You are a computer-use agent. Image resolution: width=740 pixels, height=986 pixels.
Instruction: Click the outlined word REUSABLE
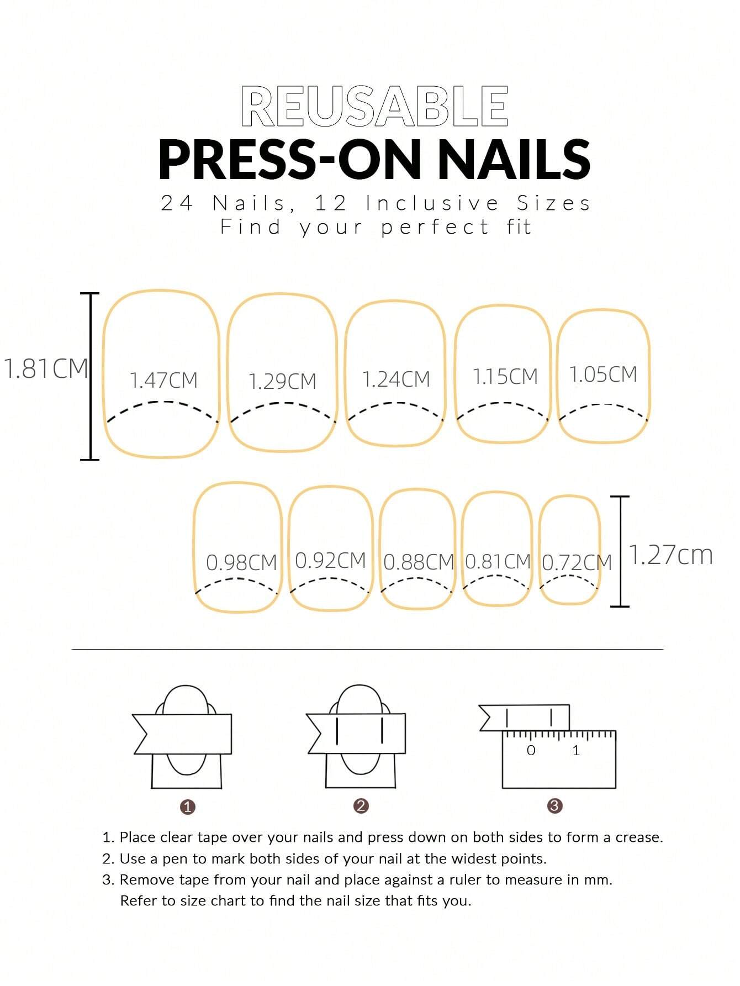[x=374, y=106]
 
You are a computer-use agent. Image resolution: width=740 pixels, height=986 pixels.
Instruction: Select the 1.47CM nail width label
[x=163, y=381]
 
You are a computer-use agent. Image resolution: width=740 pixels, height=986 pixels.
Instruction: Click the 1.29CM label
[x=282, y=382]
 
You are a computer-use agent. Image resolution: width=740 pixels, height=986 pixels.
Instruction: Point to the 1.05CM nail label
[x=603, y=375]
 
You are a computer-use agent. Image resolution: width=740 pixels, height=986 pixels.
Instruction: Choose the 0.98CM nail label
[x=241, y=563]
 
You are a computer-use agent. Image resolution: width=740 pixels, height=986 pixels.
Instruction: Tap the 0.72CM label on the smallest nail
[x=577, y=563]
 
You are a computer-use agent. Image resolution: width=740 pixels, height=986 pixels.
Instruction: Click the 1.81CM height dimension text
[x=45, y=368]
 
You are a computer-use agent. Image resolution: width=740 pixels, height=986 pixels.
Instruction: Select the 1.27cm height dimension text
[x=670, y=555]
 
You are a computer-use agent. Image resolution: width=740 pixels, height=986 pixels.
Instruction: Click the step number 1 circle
[x=188, y=806]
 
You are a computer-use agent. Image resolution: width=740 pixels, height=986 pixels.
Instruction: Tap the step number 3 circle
[x=554, y=805]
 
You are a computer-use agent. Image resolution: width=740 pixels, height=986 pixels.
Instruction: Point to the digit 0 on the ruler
[x=531, y=750]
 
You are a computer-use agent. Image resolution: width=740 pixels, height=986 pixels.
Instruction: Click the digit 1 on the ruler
[x=576, y=750]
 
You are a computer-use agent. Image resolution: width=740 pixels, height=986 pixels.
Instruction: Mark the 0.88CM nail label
[x=418, y=562]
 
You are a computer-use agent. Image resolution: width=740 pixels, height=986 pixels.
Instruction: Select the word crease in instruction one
[x=639, y=837]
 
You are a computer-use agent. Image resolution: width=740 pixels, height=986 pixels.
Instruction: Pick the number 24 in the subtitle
[x=177, y=203]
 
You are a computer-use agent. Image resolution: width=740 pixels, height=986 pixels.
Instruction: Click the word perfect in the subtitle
[x=435, y=227]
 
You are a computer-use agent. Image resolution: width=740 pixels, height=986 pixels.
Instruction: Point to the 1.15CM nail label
[x=505, y=377]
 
